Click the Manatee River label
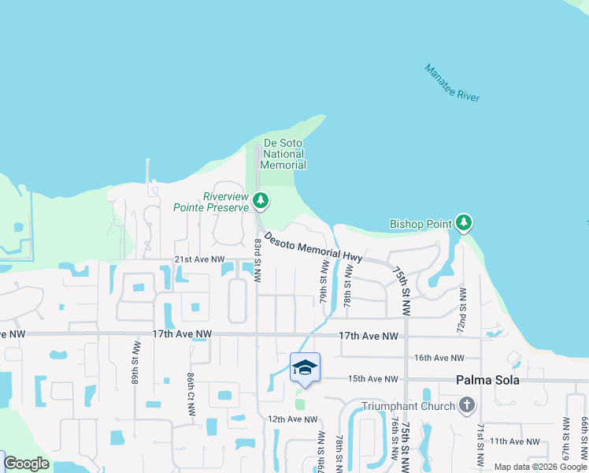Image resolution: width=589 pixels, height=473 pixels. point(452,83)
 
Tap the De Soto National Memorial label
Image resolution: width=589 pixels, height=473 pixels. point(283,154)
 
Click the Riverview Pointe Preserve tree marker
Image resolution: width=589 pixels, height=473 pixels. point(261,202)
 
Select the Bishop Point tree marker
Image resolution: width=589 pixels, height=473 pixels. point(465,223)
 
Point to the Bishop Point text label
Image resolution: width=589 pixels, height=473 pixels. point(421,225)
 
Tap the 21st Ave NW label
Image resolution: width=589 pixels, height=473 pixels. point(199,259)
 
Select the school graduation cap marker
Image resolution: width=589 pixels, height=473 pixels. point(305,367)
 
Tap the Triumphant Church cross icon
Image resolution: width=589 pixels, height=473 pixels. point(467,406)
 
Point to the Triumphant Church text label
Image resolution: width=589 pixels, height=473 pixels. point(408,406)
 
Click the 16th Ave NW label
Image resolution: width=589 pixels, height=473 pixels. point(434,358)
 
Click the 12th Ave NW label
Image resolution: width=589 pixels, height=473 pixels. point(292,419)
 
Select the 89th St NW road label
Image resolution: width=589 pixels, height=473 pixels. point(136,363)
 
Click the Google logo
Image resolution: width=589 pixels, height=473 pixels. point(27,464)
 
